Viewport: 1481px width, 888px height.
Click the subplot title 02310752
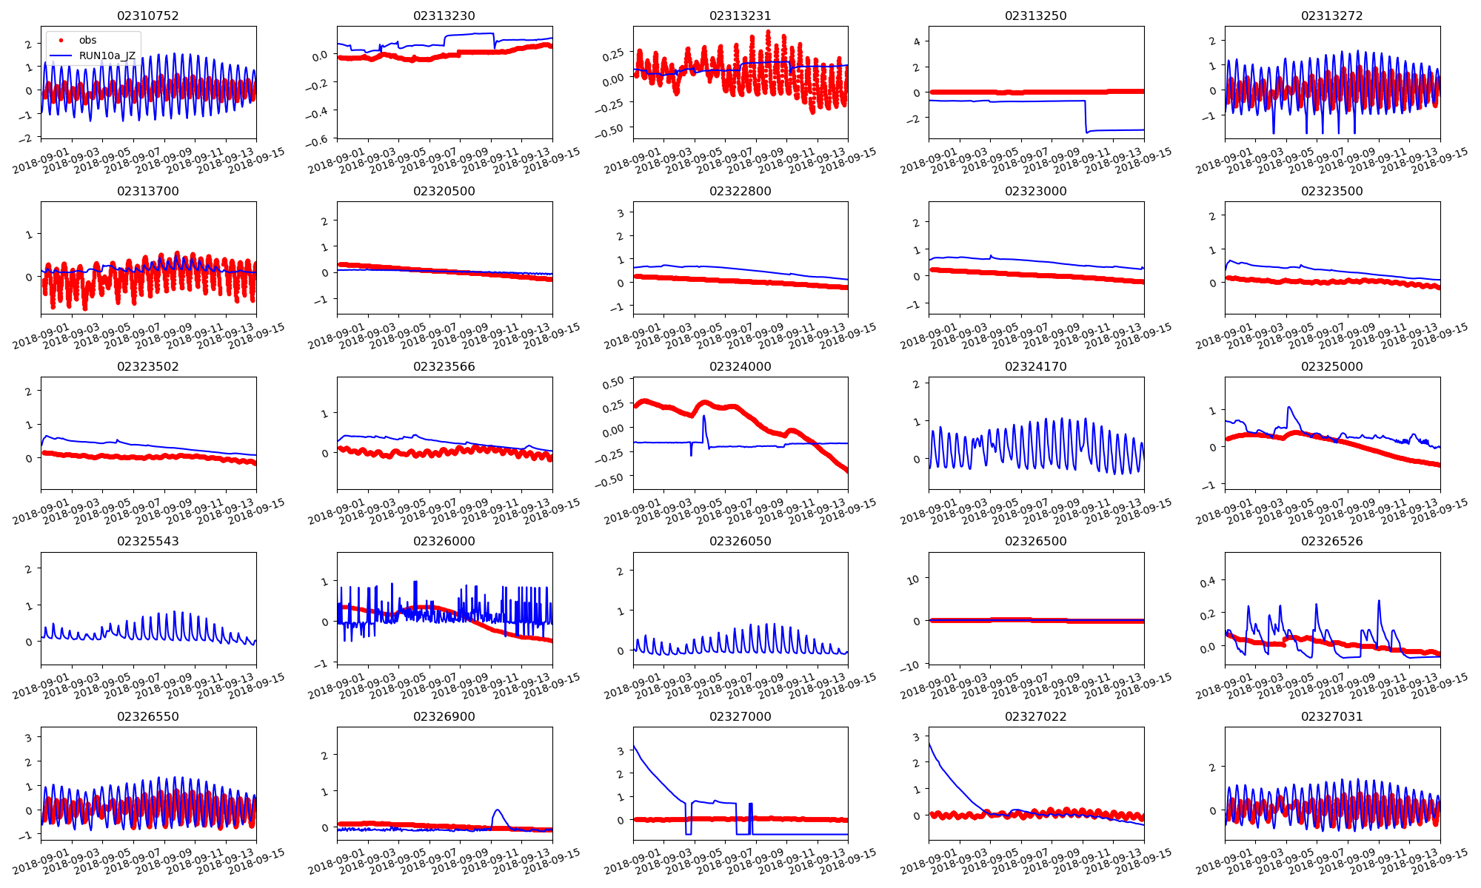(148, 16)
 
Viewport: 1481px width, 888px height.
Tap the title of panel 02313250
(1035, 16)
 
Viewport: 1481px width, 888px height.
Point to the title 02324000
(740, 366)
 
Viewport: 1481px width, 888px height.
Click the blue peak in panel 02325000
(1289, 407)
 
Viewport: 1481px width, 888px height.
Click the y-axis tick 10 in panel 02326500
(914, 579)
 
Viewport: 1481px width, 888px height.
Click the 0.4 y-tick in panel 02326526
(1208, 582)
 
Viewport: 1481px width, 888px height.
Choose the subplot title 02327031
(1331, 716)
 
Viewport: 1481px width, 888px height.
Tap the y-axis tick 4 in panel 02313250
(917, 42)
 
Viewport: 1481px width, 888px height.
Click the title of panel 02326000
(444, 541)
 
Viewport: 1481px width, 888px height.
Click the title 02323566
(444, 366)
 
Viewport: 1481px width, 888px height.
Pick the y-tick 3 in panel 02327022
(917, 737)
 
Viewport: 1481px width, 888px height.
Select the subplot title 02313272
(1331, 16)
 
